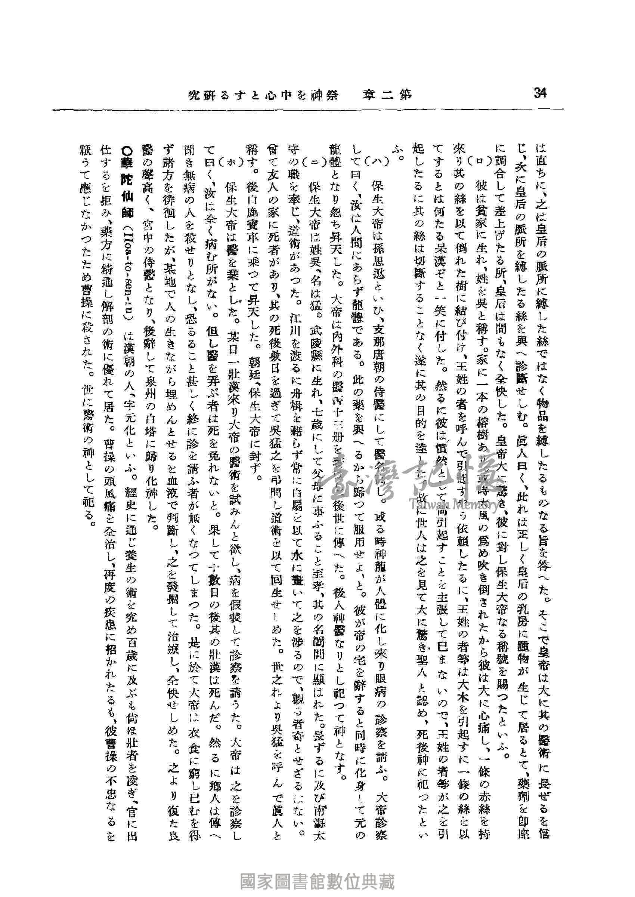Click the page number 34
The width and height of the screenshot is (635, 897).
coord(540,94)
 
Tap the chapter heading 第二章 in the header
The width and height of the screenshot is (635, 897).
coord(387,95)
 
